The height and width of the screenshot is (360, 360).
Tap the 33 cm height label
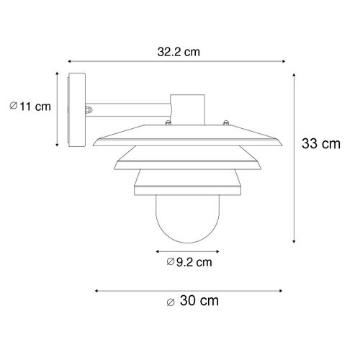point(320,144)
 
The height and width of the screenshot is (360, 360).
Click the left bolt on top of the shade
point(165,125)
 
